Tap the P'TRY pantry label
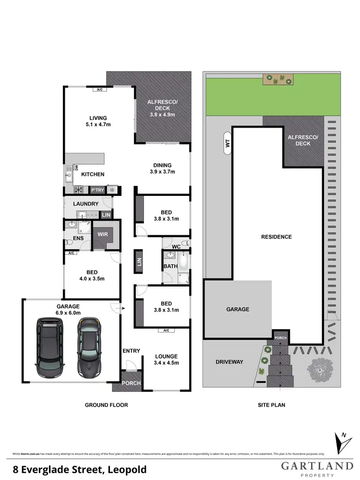(98, 190)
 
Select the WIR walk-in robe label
(102, 234)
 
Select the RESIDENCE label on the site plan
(276, 237)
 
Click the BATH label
(170, 266)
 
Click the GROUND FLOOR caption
(107, 405)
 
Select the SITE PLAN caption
(271, 405)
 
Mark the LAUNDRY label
(85, 204)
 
